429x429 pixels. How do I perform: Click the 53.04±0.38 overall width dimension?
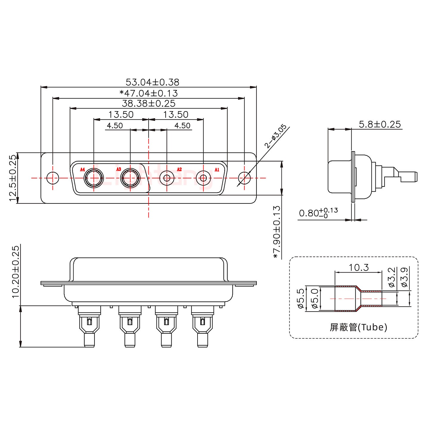[x=152, y=82]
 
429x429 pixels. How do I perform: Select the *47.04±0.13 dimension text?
[x=149, y=93]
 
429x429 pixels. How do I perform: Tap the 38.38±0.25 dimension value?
[x=149, y=104]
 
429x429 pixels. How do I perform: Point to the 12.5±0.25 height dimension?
[x=13, y=178]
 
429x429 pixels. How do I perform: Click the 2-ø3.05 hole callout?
[x=276, y=136]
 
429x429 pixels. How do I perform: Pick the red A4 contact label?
[x=83, y=170]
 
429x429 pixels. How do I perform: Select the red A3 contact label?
[x=119, y=170]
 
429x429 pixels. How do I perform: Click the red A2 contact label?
[x=179, y=170]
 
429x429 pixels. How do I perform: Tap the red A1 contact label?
[x=217, y=170]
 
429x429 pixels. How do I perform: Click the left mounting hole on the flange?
[x=53, y=178]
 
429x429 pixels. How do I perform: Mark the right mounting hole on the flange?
[x=244, y=178]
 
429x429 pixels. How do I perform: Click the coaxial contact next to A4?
[x=94, y=178]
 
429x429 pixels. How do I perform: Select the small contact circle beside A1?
[x=203, y=178]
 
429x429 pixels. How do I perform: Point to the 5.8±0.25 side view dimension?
[x=380, y=124]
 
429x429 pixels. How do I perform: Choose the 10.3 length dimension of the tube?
[x=359, y=268]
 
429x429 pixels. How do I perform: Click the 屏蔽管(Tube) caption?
[x=358, y=327]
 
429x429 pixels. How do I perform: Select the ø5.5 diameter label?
[x=301, y=299]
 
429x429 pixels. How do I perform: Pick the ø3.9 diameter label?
[x=404, y=277]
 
